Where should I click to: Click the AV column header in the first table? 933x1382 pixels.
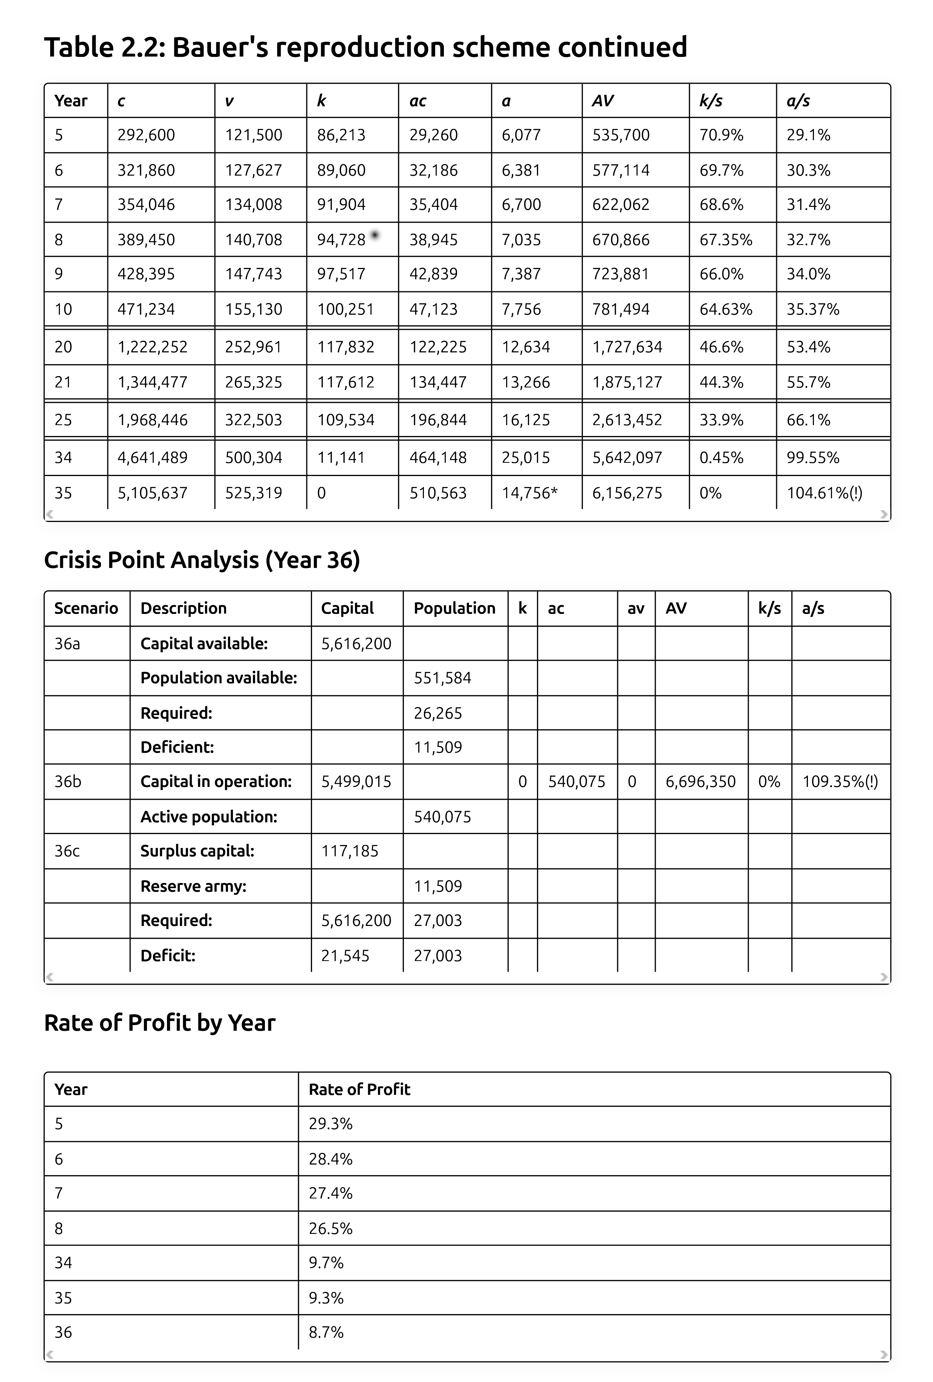pyautogui.click(x=603, y=101)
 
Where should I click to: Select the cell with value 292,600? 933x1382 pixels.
pyautogui.click(x=146, y=135)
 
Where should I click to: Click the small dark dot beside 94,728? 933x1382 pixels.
pyautogui.click(x=375, y=235)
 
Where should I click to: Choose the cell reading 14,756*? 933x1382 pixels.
pyautogui.click(x=529, y=493)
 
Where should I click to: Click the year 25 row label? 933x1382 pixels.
pyautogui.click(x=63, y=420)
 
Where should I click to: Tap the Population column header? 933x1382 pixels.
pyautogui.click(x=454, y=608)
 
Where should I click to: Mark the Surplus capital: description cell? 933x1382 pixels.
pyautogui.click(x=197, y=851)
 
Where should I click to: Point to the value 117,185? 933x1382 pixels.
pyautogui.click(x=350, y=851)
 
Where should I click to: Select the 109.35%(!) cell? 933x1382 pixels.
pyautogui.click(x=840, y=781)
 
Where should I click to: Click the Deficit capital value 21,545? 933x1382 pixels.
pyautogui.click(x=345, y=956)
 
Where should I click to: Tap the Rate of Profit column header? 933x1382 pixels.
pyautogui.click(x=359, y=1090)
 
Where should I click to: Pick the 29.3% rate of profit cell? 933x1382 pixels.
pyautogui.click(x=330, y=1124)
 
